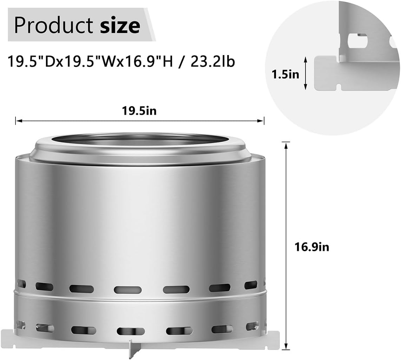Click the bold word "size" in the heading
120,25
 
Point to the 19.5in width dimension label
139,111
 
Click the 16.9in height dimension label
312,247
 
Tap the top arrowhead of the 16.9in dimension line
286,144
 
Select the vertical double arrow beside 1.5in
305,74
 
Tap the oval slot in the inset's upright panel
357,41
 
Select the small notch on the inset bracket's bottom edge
340,86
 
